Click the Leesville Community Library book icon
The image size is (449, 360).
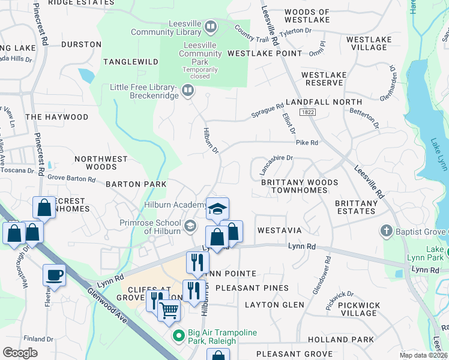click(210, 26)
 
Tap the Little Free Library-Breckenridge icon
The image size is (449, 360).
click(188, 91)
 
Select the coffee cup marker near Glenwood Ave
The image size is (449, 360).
click(54, 275)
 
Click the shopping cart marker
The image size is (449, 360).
click(169, 310)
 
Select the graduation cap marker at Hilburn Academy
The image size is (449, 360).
click(217, 208)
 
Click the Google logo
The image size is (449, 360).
click(20, 352)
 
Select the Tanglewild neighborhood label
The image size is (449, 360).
click(130, 62)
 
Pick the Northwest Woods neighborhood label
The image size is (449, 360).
click(101, 163)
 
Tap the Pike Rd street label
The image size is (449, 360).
click(306, 143)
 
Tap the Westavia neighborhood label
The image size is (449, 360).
click(279, 230)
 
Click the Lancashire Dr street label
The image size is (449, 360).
click(276, 164)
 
